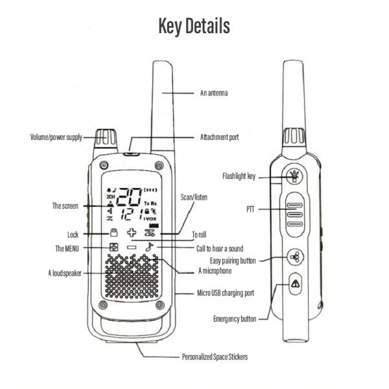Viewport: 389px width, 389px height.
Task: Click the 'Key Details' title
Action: point(194,26)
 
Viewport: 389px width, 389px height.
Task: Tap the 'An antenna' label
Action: point(214,93)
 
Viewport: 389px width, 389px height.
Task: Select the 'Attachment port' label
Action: point(219,137)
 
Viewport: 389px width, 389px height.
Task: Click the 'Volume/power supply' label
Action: point(56,137)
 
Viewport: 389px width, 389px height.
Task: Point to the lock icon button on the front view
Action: point(113,233)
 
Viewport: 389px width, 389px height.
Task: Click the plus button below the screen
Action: point(132,233)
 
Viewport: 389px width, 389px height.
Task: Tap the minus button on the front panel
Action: point(132,247)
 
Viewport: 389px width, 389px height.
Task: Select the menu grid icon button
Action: point(113,248)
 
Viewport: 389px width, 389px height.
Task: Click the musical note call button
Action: point(149,247)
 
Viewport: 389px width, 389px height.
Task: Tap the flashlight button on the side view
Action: point(294,176)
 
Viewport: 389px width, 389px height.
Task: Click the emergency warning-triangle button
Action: point(295,283)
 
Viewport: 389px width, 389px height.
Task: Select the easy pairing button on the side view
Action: point(295,257)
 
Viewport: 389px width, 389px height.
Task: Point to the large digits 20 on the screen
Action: point(129,197)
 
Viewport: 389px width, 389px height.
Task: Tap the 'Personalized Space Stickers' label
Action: point(215,357)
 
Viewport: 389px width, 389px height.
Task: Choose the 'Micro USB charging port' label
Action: point(226,293)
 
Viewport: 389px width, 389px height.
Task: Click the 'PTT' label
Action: point(250,209)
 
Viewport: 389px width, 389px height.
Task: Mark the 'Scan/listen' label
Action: point(194,198)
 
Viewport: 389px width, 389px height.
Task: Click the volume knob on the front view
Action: point(106,138)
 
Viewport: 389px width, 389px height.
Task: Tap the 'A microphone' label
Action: point(215,270)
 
